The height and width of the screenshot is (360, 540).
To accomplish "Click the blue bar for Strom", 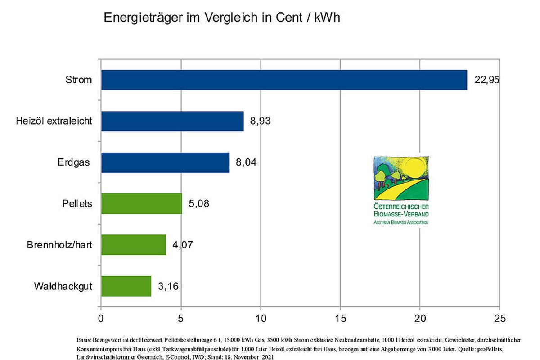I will point(284,80).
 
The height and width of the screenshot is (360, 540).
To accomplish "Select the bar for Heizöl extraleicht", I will point(172,121).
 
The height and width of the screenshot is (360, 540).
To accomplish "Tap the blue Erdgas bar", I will point(165,162).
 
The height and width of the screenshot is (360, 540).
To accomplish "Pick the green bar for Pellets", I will point(141,203).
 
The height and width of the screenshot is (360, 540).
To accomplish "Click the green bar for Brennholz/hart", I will point(133,245).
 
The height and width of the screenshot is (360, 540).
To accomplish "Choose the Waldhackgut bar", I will point(126,286).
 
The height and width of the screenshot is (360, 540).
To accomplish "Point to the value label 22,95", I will point(487,80).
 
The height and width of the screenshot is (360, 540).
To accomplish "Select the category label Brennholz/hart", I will point(60,245).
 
